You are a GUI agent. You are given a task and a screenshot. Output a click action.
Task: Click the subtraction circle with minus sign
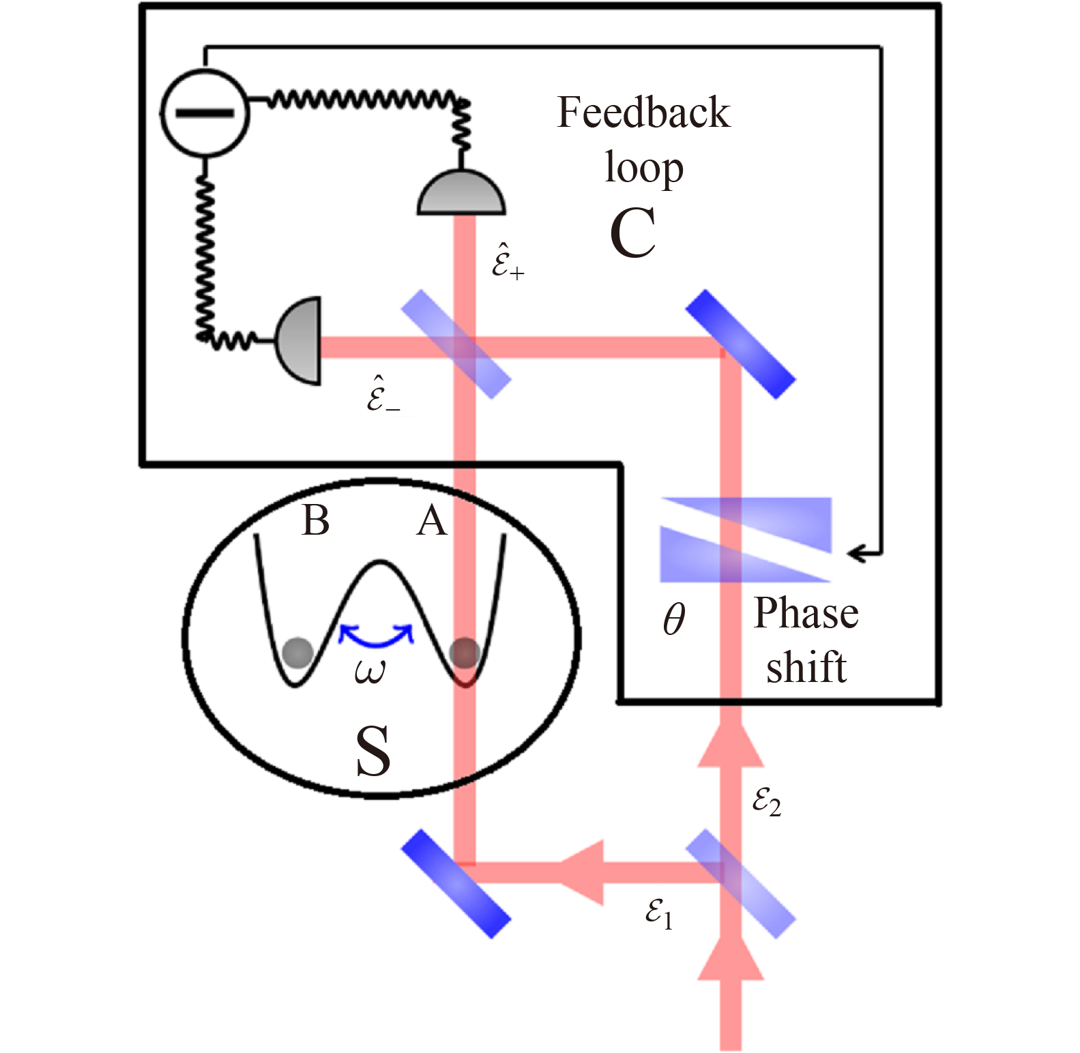205,113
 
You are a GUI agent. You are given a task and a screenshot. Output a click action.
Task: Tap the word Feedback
643,113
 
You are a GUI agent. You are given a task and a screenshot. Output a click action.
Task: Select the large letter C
633,233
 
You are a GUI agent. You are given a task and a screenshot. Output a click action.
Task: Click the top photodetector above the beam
461,194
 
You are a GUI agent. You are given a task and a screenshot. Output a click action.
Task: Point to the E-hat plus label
508,261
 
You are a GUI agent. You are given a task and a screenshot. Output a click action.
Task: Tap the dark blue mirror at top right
740,344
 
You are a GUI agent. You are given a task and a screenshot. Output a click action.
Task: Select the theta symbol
674,619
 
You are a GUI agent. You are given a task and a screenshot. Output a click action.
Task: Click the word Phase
806,614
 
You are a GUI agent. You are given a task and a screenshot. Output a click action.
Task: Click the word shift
806,668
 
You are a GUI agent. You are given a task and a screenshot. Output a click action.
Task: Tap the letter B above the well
315,521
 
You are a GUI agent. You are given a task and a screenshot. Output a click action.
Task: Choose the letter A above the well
432,522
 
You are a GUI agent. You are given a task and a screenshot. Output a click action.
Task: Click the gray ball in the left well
297,653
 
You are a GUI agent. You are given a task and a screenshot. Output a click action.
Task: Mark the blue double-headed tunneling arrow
376,636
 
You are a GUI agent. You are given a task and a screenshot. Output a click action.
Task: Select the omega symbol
370,672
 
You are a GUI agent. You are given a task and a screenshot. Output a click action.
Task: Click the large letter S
373,751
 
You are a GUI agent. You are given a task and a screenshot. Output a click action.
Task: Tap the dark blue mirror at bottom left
456,883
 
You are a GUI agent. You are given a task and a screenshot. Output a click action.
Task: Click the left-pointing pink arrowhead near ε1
583,873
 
